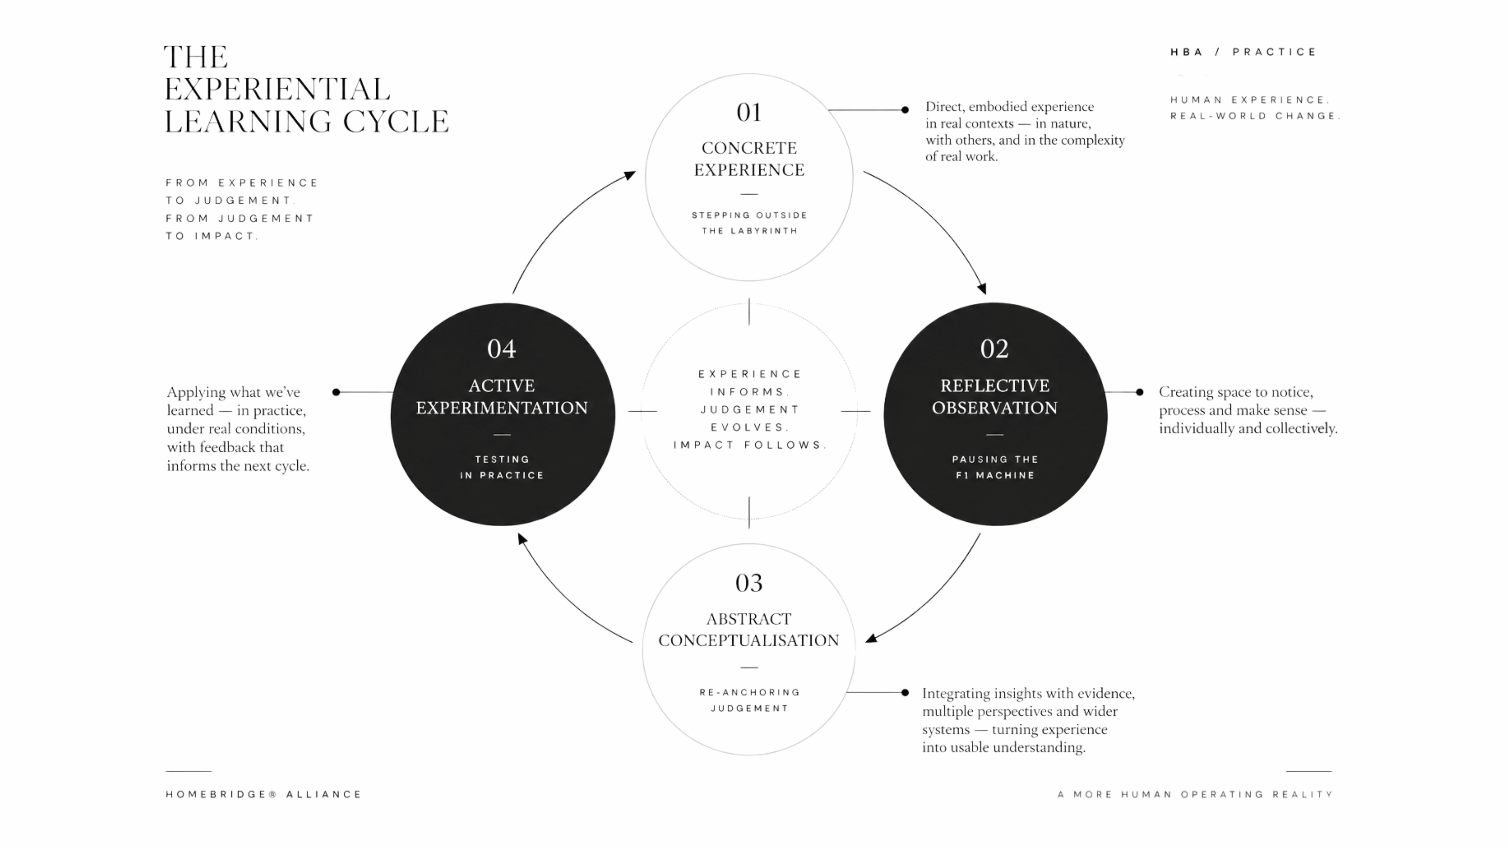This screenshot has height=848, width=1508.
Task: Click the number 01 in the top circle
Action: [x=749, y=112]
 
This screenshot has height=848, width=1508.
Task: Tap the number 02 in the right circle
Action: [x=995, y=349]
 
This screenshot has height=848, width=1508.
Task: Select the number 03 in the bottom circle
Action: [x=749, y=583]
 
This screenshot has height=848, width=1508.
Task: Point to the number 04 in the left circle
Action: [x=502, y=349]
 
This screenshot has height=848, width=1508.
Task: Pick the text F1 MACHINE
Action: [x=995, y=475]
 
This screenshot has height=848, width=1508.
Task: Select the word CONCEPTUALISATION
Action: [x=749, y=640]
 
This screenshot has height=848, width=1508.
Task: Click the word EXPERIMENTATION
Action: [x=502, y=408]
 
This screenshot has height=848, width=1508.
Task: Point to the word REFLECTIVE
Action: [x=995, y=386]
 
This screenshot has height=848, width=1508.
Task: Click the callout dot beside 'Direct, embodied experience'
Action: [x=905, y=110]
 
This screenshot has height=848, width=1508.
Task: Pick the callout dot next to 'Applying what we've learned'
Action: [x=336, y=392]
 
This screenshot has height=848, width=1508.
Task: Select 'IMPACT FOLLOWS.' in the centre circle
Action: [x=749, y=445]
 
